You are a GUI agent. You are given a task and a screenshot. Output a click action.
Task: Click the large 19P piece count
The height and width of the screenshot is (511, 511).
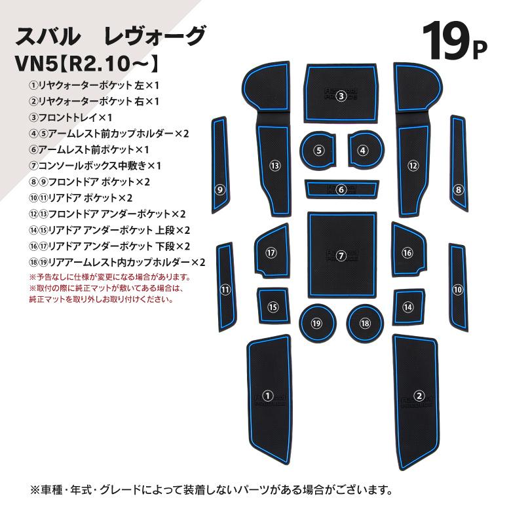coord(454,42)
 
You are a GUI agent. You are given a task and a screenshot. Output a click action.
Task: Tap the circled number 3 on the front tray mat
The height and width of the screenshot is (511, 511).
coord(341,96)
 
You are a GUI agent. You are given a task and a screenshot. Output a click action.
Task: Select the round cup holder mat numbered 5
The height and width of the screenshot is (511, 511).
coord(318,151)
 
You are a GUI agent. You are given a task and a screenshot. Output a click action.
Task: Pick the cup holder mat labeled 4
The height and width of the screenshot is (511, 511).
coord(366,150)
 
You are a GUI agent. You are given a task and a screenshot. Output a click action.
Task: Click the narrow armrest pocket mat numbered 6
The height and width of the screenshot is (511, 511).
coord(342,189)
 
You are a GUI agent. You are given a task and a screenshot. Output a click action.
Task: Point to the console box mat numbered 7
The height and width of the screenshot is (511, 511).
coord(342,255)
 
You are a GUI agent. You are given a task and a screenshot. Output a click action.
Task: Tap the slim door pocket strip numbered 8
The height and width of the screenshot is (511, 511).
coord(459,164)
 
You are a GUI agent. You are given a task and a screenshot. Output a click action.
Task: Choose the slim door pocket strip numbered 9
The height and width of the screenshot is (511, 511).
coord(219,165)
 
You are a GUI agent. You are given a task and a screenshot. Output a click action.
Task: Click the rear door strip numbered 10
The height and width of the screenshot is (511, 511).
coord(458,288)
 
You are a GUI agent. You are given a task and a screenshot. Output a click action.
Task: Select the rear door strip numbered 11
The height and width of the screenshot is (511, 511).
coord(226,287)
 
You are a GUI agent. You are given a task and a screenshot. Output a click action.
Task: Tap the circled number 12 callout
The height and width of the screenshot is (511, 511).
coord(413,166)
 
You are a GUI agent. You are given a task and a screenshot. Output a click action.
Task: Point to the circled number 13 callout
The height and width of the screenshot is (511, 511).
coord(274,166)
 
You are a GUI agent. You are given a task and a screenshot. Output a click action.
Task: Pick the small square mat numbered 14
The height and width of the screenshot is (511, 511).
coord(409,307)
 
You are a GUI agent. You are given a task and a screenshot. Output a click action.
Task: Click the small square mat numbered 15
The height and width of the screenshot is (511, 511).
coord(273,306)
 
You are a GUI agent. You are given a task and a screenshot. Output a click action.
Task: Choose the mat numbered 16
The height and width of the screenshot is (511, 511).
coord(409,250)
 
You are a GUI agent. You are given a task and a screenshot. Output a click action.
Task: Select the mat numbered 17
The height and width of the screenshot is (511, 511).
coord(272,251)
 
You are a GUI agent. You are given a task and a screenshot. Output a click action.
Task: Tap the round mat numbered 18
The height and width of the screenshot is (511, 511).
coord(365,323)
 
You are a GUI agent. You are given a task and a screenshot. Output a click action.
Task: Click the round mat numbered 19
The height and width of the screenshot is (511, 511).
coord(317,323)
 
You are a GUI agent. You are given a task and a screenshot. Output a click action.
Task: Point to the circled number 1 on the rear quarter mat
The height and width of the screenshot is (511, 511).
coord(267,396)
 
